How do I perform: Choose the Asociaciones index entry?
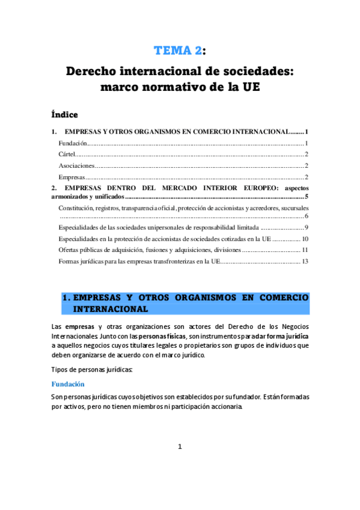tap(77, 165)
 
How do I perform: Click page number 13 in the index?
tap(305, 261)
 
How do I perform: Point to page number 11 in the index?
tap(305, 250)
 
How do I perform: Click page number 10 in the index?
tap(305, 239)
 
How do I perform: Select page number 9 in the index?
tap(307, 227)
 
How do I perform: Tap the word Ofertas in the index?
tap(70, 250)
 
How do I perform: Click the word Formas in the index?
tap(70, 261)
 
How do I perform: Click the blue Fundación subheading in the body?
tap(67, 384)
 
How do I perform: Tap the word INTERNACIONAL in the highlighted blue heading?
tap(110, 309)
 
